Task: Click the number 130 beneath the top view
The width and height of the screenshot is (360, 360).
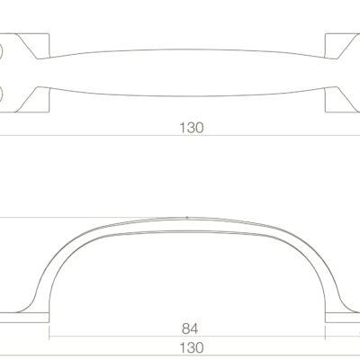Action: click(192, 128)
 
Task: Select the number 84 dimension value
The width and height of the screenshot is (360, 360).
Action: click(190, 328)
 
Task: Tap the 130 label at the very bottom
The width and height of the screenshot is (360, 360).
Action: click(192, 348)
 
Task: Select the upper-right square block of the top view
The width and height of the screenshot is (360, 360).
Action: click(342, 46)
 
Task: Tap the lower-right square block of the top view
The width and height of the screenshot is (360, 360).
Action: click(342, 100)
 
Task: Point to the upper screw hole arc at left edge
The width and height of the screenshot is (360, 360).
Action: click(2, 52)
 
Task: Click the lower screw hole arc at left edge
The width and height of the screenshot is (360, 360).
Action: click(2, 94)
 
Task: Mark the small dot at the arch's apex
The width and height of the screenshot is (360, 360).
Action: click(187, 217)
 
